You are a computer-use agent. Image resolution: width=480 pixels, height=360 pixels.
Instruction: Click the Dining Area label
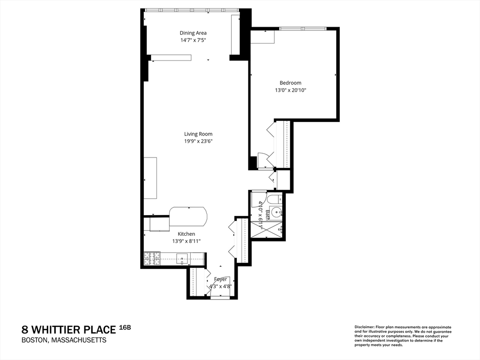coord(193,33)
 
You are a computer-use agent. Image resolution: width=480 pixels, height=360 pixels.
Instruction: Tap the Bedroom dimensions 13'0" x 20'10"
coord(291,90)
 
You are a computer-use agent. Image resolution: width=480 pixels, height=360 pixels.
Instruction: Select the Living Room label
coord(199,134)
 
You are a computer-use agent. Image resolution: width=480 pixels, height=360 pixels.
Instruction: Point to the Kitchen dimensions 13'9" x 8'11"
coord(186,241)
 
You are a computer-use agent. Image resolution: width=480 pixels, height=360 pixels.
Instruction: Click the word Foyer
coord(220,279)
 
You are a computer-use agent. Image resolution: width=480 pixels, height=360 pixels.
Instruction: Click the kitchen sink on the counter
coord(182,258)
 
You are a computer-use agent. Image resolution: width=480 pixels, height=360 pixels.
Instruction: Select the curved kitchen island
coord(188,217)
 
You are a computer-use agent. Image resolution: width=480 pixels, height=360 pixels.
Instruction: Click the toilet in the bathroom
coord(274,198)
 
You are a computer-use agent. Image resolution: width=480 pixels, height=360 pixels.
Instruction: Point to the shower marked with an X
coord(267,230)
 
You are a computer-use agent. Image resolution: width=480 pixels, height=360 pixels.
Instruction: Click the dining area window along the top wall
coord(191,10)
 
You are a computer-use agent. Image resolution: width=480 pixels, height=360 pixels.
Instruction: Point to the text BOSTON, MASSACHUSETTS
coord(64,340)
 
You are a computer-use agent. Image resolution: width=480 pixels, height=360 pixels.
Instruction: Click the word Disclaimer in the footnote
coord(364,327)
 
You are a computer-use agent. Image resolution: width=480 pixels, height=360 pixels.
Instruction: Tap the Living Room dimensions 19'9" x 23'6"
coord(199,141)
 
